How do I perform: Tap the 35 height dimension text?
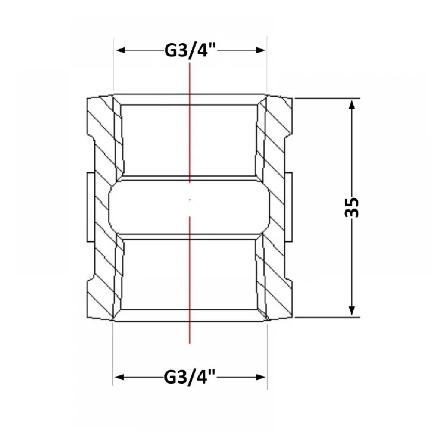click(352, 208)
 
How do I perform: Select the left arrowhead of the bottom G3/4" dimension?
click(119, 377)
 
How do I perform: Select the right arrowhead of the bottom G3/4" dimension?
click(261, 377)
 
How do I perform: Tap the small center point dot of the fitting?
click(190, 200)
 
